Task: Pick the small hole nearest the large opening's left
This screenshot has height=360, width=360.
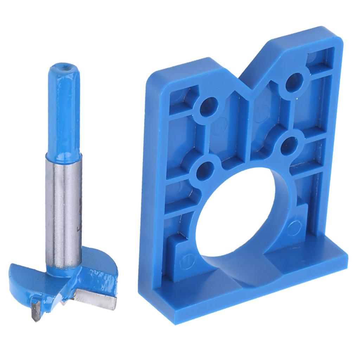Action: click(206, 169)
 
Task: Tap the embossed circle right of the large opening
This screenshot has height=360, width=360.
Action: click(292, 227)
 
